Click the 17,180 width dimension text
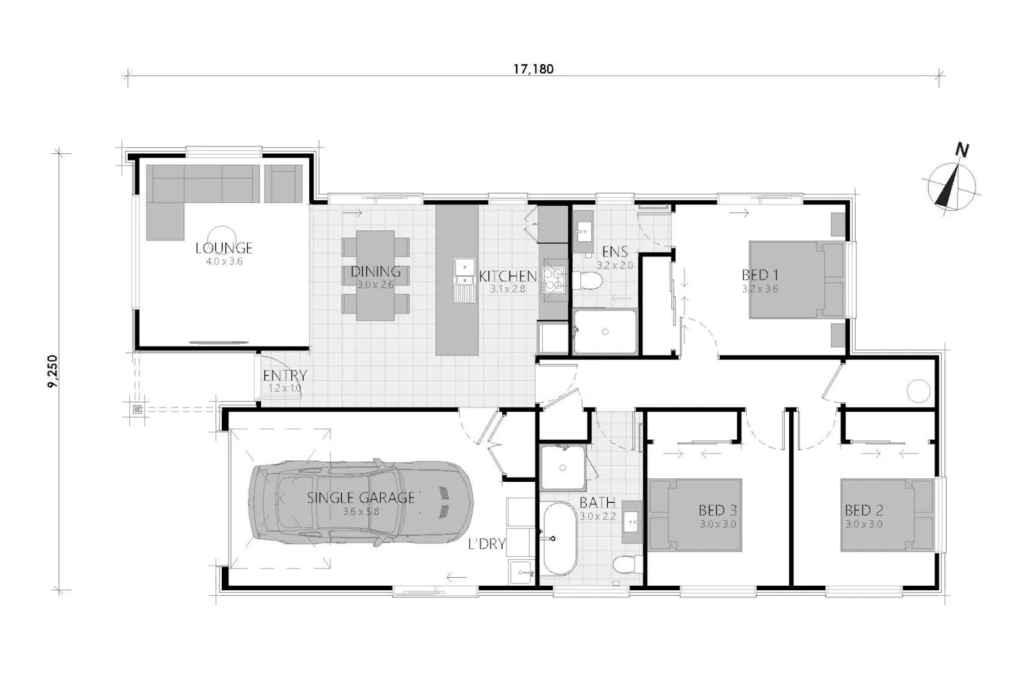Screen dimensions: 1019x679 (x=533, y=69)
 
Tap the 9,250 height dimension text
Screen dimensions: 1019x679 (x=53, y=371)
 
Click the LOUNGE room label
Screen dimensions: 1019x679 (x=224, y=248)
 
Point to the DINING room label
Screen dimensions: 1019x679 (x=376, y=272)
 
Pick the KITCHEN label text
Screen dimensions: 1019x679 (x=507, y=276)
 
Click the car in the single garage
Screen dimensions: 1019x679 (x=361, y=503)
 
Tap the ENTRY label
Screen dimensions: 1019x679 (x=285, y=376)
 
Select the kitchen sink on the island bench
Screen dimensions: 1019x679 (x=465, y=280)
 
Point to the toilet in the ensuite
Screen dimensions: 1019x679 (x=587, y=281)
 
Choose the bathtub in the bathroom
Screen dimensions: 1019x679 (x=559, y=538)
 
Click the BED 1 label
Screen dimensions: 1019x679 (x=760, y=275)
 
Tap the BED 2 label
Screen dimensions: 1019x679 (x=864, y=510)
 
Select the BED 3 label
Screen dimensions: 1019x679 (x=718, y=510)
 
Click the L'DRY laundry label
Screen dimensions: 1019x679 (x=487, y=543)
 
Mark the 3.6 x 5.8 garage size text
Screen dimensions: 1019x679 (x=361, y=511)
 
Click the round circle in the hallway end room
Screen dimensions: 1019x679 (x=919, y=391)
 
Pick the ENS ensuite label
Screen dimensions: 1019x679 (x=615, y=252)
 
